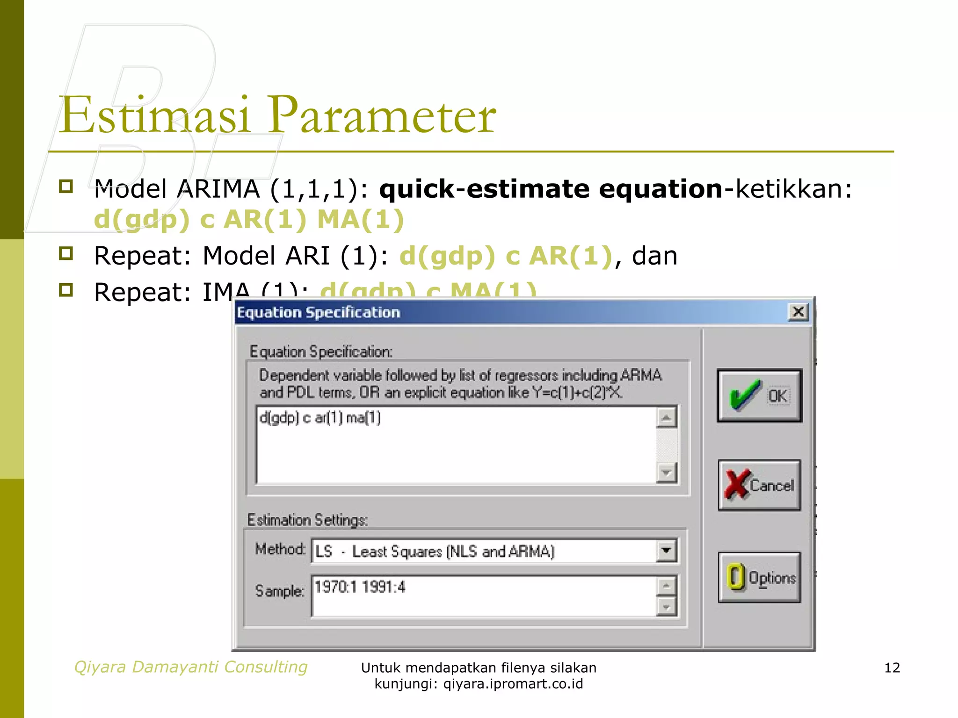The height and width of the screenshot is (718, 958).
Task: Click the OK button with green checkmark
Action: [759, 395]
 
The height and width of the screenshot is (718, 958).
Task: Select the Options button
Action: [759, 577]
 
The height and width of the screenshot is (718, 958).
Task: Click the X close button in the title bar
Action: [798, 311]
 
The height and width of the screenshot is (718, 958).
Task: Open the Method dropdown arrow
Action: [666, 551]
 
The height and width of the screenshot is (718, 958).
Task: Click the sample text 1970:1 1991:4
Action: [360, 587]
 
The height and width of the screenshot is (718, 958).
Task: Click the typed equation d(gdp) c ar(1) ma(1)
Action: [320, 417]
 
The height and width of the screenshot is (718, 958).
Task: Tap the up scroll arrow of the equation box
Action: [666, 417]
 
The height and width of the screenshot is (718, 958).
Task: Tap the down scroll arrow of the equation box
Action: [666, 472]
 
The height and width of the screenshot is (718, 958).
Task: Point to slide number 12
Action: [892, 668]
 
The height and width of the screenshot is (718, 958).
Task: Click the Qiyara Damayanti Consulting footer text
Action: [191, 667]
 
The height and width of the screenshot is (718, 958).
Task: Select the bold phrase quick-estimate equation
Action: [551, 189]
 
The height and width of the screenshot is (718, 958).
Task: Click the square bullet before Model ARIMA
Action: [66, 187]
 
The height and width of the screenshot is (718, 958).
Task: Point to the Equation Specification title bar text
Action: [319, 312]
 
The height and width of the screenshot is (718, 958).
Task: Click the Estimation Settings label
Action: [307, 520]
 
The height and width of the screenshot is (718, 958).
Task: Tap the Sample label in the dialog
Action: [279, 591]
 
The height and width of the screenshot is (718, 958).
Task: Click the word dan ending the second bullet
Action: [654, 256]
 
